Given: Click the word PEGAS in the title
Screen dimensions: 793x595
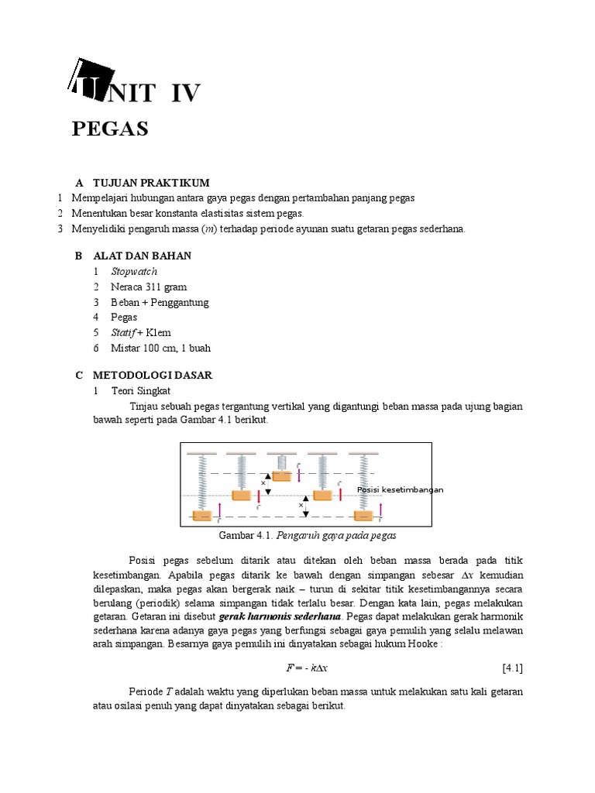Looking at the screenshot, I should pyautogui.click(x=110, y=129).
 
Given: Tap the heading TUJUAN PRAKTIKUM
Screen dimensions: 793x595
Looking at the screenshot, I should pyautogui.click(x=151, y=183).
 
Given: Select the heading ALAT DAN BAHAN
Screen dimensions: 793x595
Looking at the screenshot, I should pyautogui.click(x=142, y=256).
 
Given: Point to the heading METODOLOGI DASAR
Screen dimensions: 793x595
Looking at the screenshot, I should pyautogui.click(x=153, y=375).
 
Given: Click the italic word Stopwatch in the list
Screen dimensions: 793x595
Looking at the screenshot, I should pyautogui.click(x=134, y=271).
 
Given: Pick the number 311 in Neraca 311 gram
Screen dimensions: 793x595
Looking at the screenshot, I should pyautogui.click(x=157, y=287).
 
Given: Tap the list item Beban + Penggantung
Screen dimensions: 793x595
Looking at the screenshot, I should pyautogui.click(x=160, y=302).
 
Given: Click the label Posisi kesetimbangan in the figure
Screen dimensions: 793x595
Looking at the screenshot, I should pyautogui.click(x=400, y=489).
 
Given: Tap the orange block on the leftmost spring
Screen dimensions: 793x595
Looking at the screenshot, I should pyautogui.click(x=201, y=515).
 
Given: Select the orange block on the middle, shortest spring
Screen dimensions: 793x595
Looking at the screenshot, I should pyautogui.click(x=281, y=475).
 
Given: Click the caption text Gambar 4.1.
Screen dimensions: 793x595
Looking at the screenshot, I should pyautogui.click(x=242, y=535).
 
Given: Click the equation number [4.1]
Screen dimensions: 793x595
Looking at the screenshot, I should pyautogui.click(x=512, y=668).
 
